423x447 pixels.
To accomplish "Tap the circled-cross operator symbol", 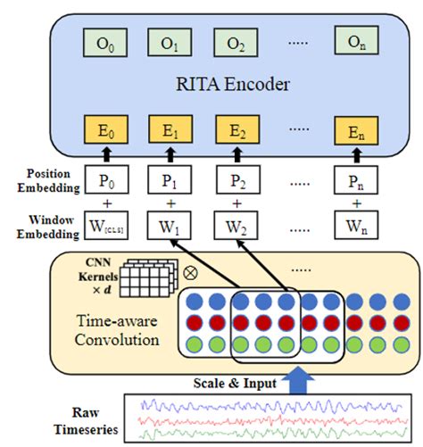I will (190, 268).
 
